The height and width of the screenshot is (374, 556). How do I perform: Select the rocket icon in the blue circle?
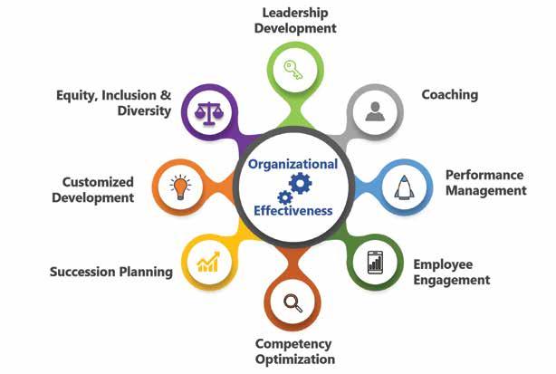coord(403,188)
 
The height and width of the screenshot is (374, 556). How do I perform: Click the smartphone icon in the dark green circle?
coord(374,264)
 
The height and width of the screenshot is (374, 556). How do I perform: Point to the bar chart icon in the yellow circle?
coord(208,263)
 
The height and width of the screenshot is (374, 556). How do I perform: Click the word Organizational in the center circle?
coord(292,165)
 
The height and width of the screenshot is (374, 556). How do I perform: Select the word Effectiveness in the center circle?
coord(293,211)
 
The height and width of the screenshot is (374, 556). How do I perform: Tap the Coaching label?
coord(450,94)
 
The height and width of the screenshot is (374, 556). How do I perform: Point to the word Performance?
coord(484,175)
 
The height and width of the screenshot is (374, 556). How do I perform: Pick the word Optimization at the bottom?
coord(295,360)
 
